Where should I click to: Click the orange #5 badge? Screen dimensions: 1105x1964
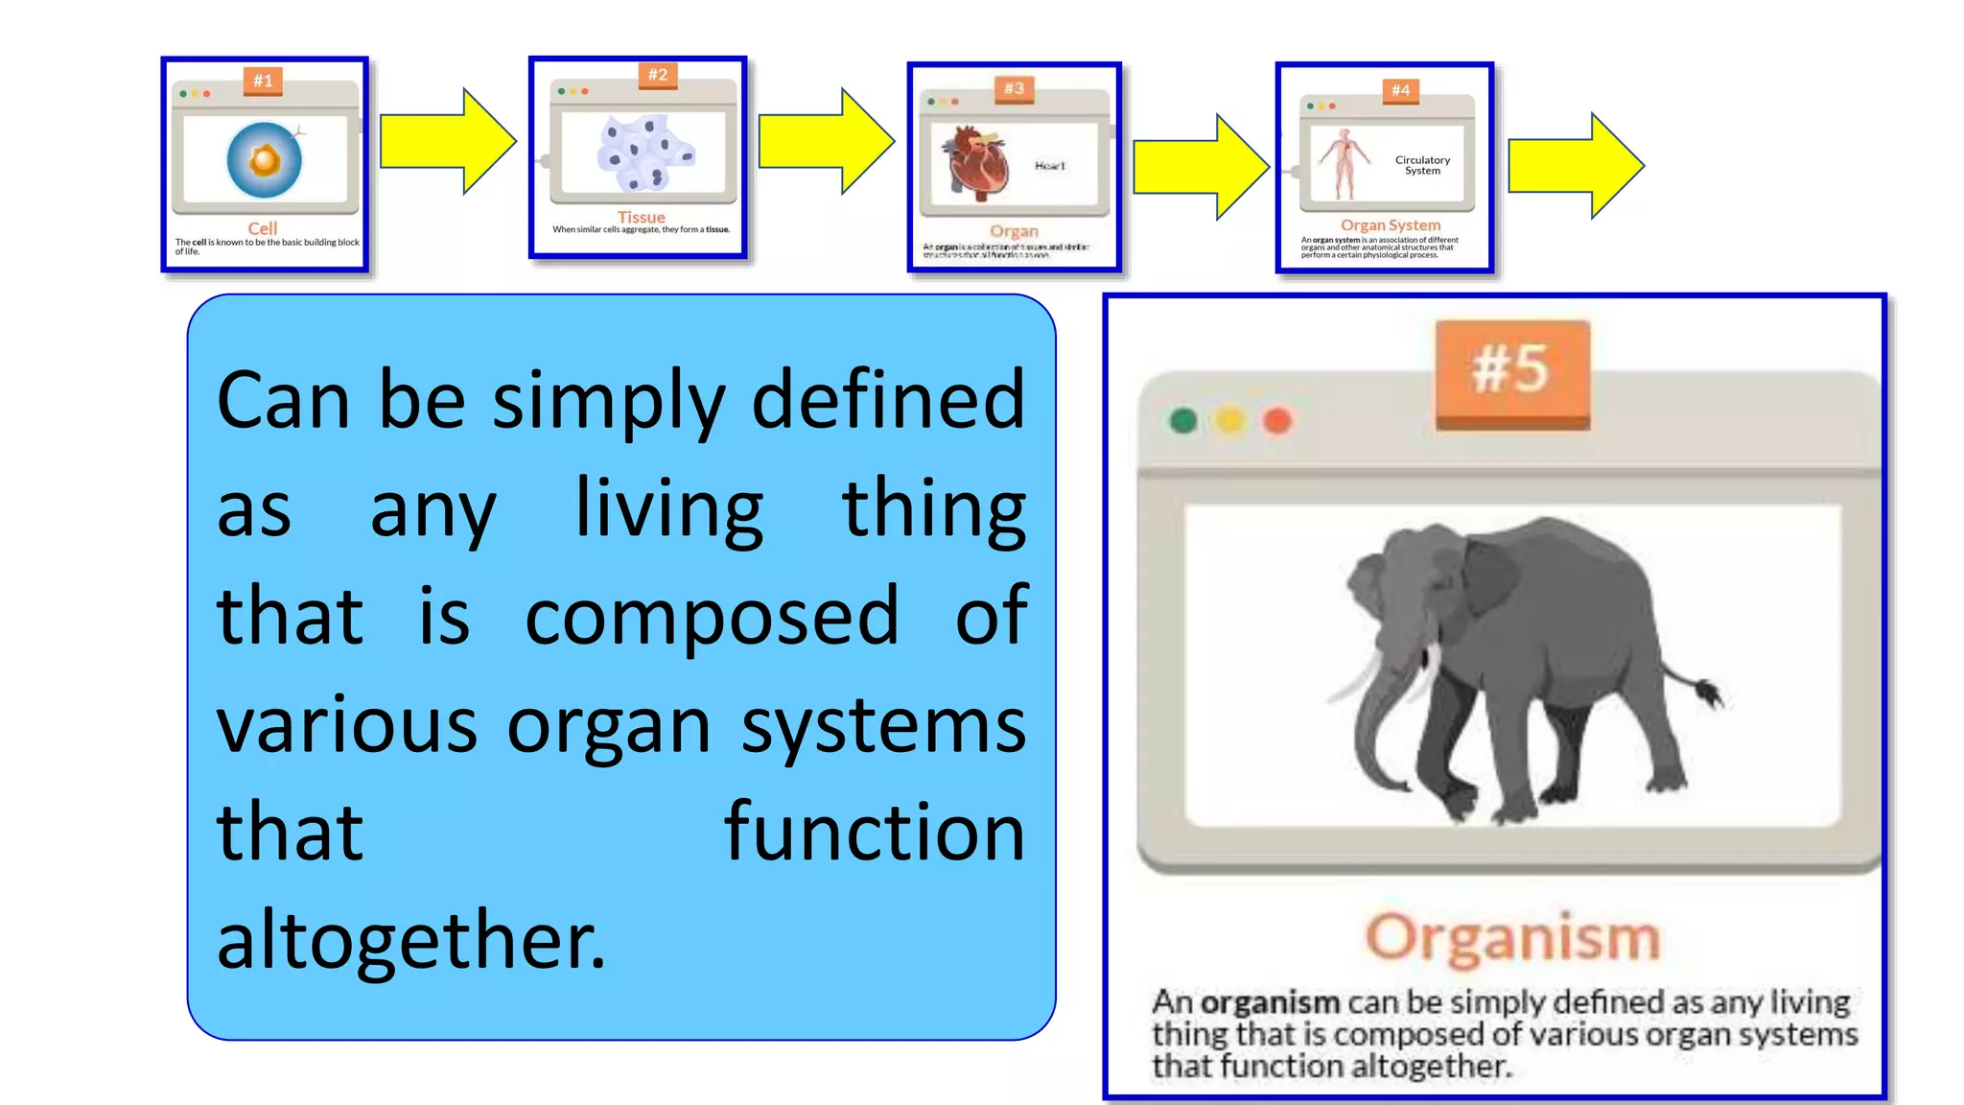pyautogui.click(x=1512, y=371)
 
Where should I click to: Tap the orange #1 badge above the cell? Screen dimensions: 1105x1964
pyautogui.click(x=263, y=81)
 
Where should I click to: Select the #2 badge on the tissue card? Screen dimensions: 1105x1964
pyautogui.click(x=658, y=75)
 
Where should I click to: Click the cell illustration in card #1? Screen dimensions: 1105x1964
pyautogui.click(x=265, y=159)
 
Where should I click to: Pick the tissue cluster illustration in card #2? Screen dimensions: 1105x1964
pyautogui.click(x=645, y=153)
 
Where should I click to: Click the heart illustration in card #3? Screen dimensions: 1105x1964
pyautogui.click(x=978, y=163)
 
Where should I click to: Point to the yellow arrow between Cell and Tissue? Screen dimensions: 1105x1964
pyautogui.click(x=447, y=142)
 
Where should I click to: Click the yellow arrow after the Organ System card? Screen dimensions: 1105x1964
pyautogui.click(x=1575, y=165)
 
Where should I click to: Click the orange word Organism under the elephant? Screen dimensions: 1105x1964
pyautogui.click(x=1512, y=937)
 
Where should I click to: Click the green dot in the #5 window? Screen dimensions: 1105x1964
pyautogui.click(x=1183, y=421)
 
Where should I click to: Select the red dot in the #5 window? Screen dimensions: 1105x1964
pyautogui.click(x=1277, y=421)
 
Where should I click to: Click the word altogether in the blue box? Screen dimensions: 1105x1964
pyautogui.click(x=410, y=940)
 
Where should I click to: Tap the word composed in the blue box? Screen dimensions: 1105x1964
pyautogui.click(x=712, y=616)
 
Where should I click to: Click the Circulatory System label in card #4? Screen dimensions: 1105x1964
pyautogui.click(x=1422, y=165)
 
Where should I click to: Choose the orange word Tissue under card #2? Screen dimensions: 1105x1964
pyautogui.click(x=641, y=218)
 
